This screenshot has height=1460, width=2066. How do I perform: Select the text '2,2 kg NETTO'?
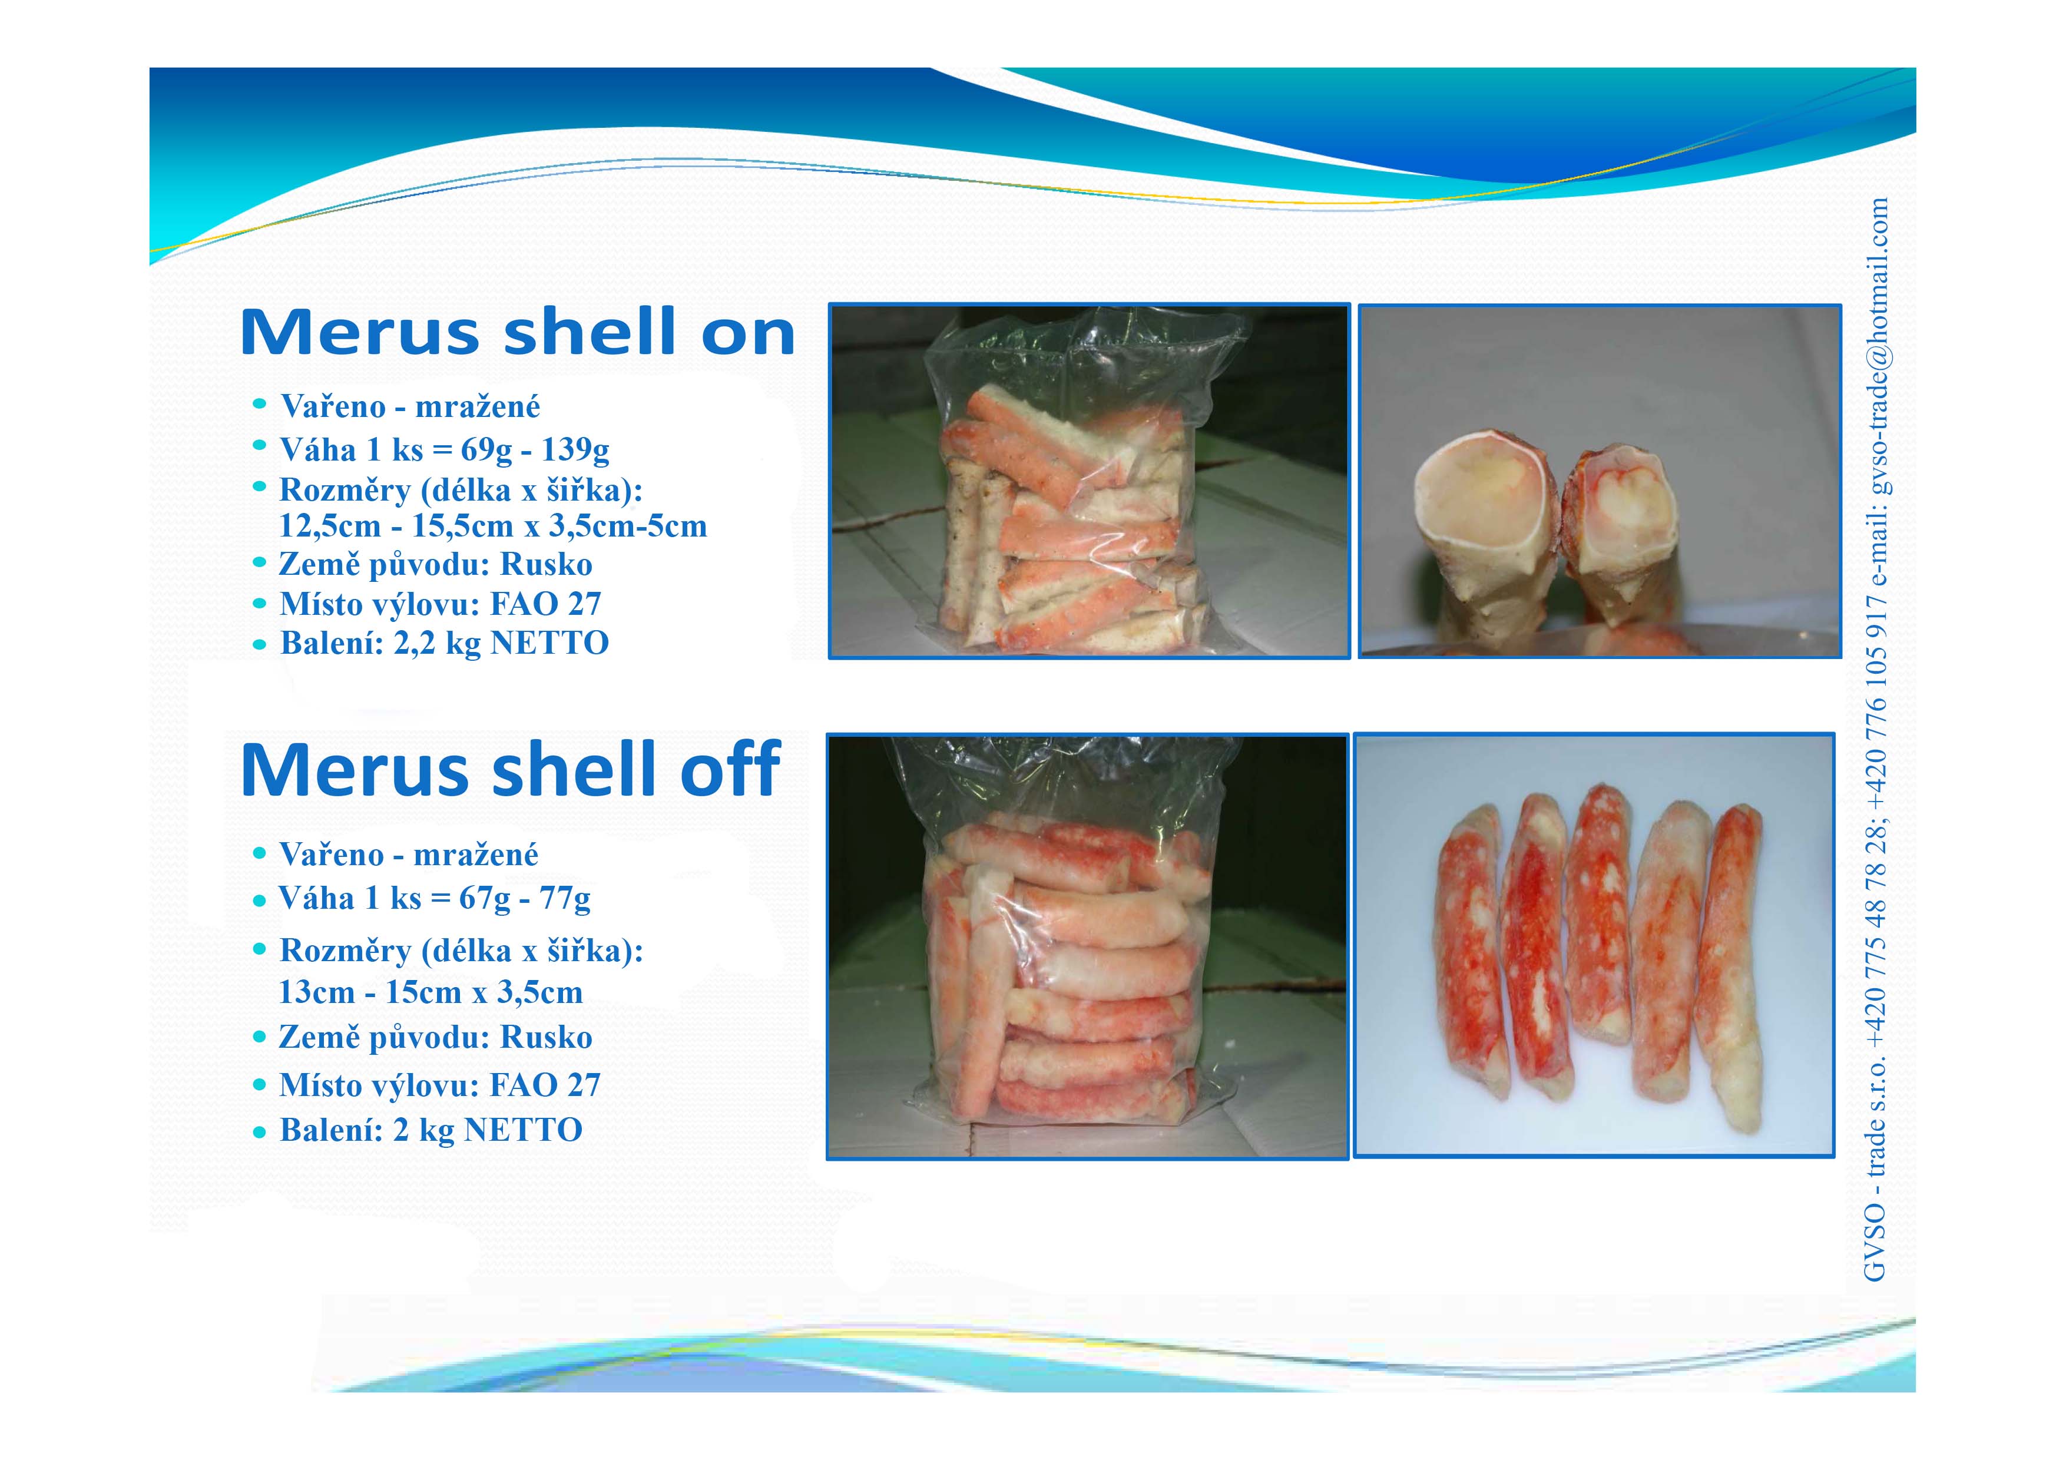(501, 643)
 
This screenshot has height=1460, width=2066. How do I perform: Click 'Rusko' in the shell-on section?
(546, 564)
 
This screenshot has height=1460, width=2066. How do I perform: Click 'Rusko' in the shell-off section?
(546, 1037)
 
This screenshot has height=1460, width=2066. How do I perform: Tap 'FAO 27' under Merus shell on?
(545, 604)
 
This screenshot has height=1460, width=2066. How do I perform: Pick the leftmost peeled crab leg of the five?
(1472, 950)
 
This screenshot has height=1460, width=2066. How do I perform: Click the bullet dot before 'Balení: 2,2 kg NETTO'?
(260, 644)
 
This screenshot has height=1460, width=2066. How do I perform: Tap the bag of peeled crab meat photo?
(1088, 946)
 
